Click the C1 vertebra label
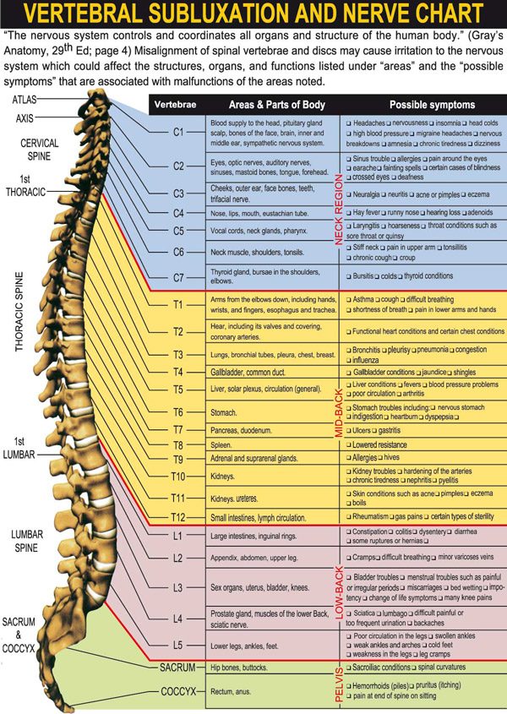(x=178, y=132)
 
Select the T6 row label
(x=177, y=412)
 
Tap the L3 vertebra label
(x=177, y=588)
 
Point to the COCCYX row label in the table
(x=178, y=692)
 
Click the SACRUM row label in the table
(x=177, y=668)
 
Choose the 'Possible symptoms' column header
(x=432, y=105)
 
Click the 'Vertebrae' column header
(x=176, y=105)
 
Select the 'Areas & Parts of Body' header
(x=277, y=105)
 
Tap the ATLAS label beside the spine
(x=25, y=99)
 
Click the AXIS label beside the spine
(x=25, y=118)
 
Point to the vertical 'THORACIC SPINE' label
(x=19, y=312)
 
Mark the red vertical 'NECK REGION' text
(x=339, y=210)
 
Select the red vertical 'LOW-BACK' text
(x=339, y=592)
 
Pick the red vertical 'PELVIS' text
(x=339, y=684)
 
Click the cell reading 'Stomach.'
(x=224, y=413)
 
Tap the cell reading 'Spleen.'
(x=221, y=445)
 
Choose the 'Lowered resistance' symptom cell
(x=379, y=445)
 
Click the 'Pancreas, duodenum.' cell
(x=241, y=430)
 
